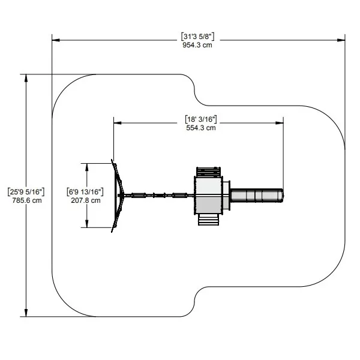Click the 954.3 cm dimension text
[x=197, y=45]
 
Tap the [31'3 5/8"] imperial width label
[x=197, y=37]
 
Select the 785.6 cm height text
[x=27, y=200]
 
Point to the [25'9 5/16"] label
[x=26, y=192]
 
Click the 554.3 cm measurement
[x=201, y=128]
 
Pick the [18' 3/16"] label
[x=201, y=119]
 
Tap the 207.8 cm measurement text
[x=86, y=200]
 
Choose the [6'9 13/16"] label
[x=85, y=192]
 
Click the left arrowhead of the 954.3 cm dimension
[x=56, y=40]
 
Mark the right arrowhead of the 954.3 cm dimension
[x=341, y=40]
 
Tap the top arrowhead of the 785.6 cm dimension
[x=26, y=78]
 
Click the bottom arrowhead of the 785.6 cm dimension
[x=26, y=313]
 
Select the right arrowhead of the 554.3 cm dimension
[x=280, y=123]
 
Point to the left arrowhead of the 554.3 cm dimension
[x=118, y=123]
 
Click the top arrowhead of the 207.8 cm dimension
[x=87, y=167]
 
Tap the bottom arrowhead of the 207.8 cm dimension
[x=87, y=224]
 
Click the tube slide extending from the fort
[x=257, y=196]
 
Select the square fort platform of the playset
[x=208, y=196]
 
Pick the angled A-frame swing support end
[x=118, y=196]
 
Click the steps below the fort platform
[x=208, y=220]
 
